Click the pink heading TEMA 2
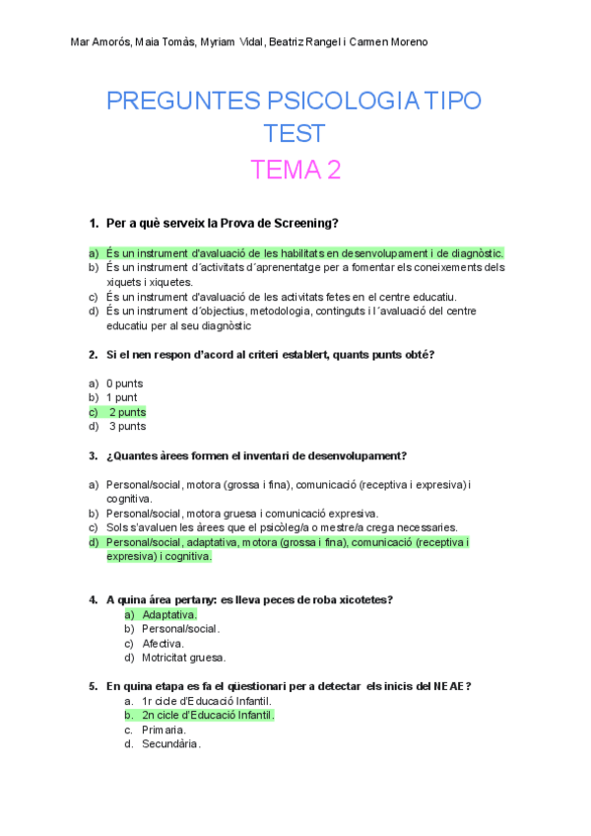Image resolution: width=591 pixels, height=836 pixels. pos(295,170)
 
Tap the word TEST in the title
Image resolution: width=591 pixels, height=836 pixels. pos(295,134)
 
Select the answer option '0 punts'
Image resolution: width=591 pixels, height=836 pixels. pos(124,383)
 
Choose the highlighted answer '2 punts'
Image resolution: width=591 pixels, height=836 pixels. pos(126,412)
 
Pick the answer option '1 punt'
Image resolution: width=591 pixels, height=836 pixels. pos(122,397)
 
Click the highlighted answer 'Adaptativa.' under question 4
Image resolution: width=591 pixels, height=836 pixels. pos(169,614)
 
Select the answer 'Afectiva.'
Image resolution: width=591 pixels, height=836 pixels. pos(164,644)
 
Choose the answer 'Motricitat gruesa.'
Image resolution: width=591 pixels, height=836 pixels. pos(183,658)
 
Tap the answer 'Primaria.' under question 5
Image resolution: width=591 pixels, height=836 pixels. pos(164,730)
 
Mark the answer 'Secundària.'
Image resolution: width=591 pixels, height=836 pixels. pos(170,744)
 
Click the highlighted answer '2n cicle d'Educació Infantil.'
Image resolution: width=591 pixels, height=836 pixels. pos(207,715)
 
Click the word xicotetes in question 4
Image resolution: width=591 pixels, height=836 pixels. pos(361,599)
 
